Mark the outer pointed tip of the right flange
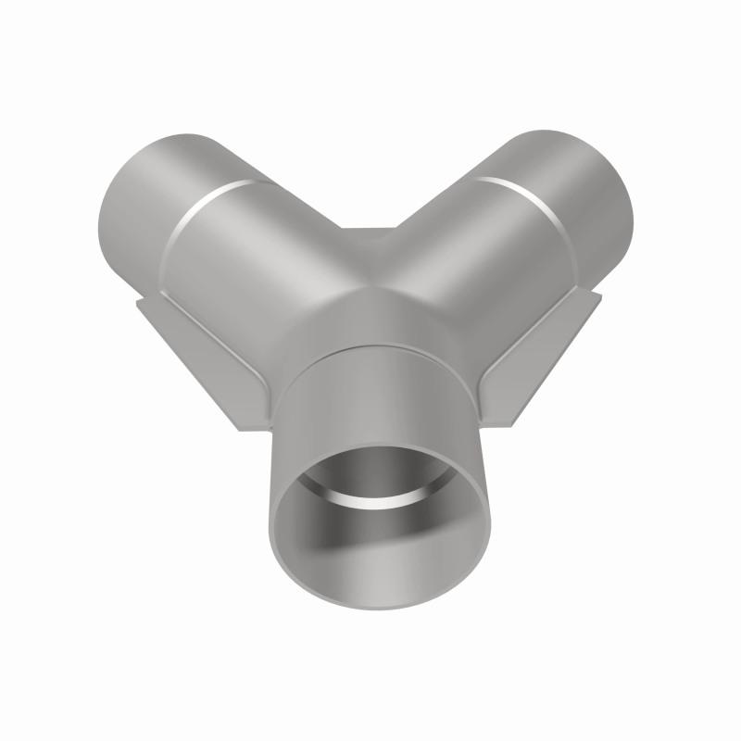point(600,295)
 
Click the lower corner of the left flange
point(250,428)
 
